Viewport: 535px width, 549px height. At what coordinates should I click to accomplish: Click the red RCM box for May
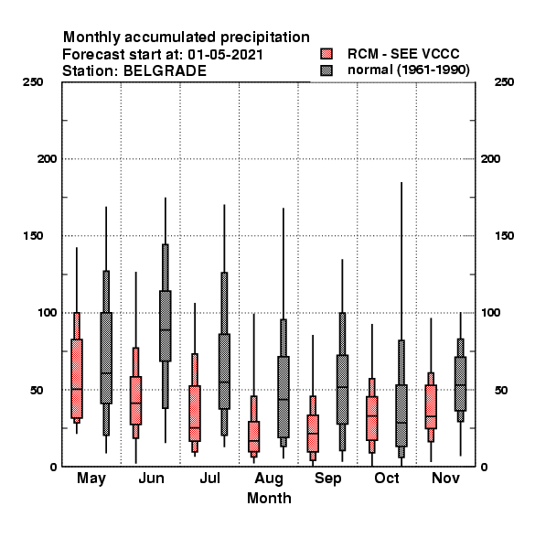(77, 379)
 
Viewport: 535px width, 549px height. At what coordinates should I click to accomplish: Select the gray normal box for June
(166, 326)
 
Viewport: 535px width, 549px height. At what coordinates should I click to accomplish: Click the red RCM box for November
(431, 406)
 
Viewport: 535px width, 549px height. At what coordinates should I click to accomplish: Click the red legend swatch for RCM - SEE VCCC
(326, 54)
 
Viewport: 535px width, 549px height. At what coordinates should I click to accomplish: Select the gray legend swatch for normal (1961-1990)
(326, 70)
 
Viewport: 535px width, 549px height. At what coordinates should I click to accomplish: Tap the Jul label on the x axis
(210, 479)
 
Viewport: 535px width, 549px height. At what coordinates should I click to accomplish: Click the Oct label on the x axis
(387, 479)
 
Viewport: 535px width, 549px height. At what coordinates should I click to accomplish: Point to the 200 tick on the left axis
(47, 159)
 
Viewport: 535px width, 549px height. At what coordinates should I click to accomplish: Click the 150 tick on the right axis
(504, 236)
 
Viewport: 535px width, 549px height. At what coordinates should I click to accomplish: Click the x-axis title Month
(269, 499)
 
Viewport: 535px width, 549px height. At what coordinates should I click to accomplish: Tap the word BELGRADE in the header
(165, 71)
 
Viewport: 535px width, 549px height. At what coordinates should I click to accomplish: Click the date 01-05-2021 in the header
(225, 55)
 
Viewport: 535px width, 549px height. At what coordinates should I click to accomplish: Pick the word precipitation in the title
(265, 38)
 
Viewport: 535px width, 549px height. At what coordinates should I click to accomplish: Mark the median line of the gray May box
(106, 373)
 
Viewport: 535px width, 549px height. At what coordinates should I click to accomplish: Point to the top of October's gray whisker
(401, 182)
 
